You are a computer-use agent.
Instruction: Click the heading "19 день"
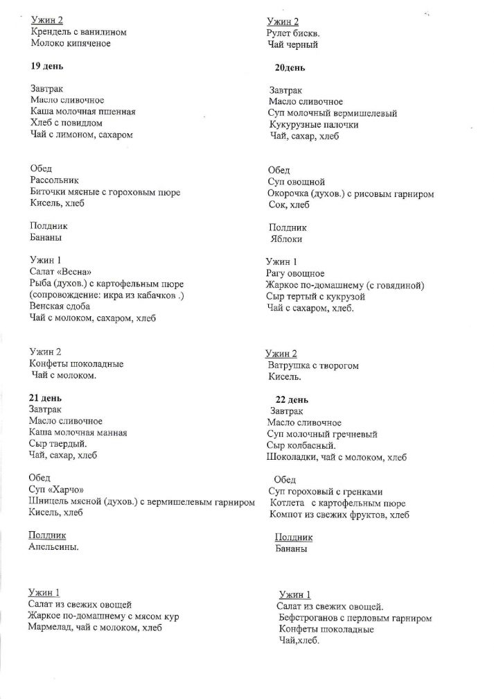(x=46, y=66)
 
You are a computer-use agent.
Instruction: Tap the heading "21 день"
(x=46, y=398)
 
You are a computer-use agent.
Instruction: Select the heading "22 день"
(x=291, y=399)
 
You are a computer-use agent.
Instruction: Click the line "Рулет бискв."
(x=294, y=33)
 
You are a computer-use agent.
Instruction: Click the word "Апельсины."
(x=53, y=546)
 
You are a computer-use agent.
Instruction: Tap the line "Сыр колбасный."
(x=299, y=446)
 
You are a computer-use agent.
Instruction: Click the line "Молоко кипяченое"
(x=71, y=44)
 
